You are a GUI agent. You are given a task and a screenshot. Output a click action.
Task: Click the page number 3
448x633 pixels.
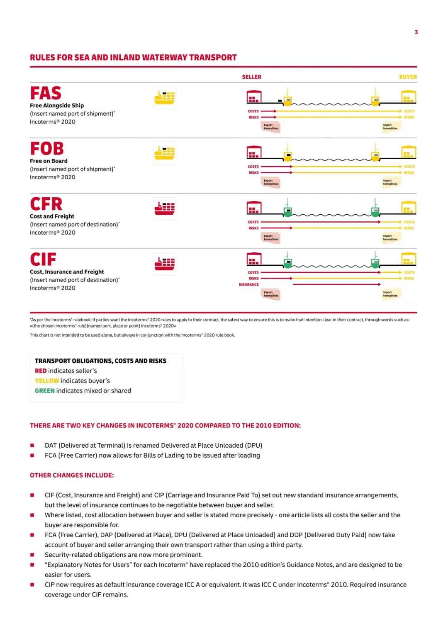(x=416, y=32)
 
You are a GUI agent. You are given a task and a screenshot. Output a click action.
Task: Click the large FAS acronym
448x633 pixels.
(x=46, y=93)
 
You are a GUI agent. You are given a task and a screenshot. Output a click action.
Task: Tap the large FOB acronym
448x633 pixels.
(x=47, y=148)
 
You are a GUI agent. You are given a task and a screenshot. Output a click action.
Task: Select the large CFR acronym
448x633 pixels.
(x=46, y=204)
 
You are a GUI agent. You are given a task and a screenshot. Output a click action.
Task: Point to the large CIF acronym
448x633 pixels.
(x=43, y=260)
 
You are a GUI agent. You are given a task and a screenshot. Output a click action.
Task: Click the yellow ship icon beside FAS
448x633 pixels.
(x=165, y=98)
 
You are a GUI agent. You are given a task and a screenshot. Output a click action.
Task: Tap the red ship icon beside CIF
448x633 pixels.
(x=165, y=264)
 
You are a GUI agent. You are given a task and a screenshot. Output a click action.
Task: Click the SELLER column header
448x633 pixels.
(x=252, y=77)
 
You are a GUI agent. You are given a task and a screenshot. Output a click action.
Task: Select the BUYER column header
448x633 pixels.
(x=408, y=77)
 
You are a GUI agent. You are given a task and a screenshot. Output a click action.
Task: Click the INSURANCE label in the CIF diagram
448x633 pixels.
(x=248, y=284)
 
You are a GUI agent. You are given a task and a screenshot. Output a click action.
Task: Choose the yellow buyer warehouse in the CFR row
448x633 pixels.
(x=409, y=207)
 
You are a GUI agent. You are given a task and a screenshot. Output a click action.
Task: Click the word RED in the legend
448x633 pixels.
(x=41, y=371)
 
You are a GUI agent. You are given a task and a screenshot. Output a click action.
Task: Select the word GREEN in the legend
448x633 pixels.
(x=45, y=390)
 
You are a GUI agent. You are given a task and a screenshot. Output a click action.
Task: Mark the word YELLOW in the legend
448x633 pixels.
(x=47, y=381)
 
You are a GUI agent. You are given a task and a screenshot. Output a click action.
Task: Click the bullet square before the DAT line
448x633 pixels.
(x=32, y=446)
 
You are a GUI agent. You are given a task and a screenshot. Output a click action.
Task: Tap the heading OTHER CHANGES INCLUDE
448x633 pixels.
(x=72, y=475)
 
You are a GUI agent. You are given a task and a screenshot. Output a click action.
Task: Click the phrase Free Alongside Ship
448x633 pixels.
(x=57, y=105)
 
